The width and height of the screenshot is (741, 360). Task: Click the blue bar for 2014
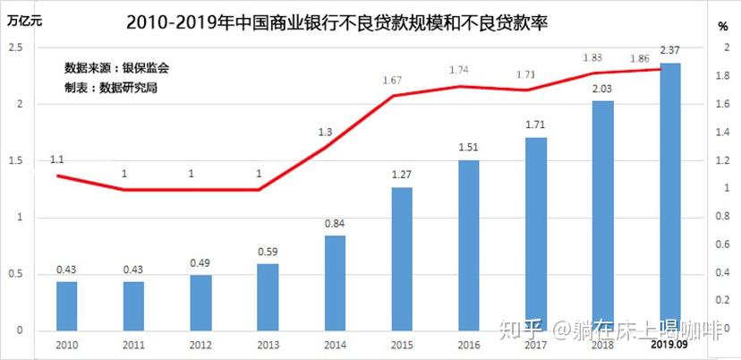point(334,283)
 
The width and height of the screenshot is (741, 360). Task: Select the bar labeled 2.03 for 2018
point(602,215)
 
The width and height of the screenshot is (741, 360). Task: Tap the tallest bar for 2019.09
point(669,197)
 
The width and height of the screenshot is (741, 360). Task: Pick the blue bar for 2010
point(66,306)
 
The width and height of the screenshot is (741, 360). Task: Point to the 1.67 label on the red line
point(391,81)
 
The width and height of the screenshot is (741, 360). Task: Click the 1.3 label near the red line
point(325,133)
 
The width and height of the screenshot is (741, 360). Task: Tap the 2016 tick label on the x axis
point(468,344)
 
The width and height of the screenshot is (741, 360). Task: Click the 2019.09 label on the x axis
point(669,344)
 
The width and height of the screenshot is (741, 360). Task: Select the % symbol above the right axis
point(722,27)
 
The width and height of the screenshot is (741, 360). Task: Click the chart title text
point(336,21)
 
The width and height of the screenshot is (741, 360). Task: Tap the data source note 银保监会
point(116,67)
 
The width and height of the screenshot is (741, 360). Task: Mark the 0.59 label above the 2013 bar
point(267,253)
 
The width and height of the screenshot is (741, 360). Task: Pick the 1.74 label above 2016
point(459,70)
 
